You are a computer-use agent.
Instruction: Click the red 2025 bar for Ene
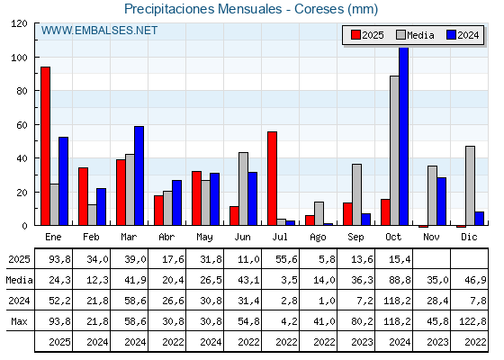click(x=45, y=146)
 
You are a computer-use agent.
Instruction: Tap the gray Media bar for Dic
click(x=470, y=185)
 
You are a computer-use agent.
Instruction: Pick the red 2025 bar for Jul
click(x=272, y=178)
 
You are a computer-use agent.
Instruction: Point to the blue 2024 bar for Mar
click(x=139, y=175)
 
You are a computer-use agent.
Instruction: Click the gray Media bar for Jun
click(x=243, y=189)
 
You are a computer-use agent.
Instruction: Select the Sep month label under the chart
click(x=355, y=237)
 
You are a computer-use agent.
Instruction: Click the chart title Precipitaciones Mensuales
click(x=251, y=9)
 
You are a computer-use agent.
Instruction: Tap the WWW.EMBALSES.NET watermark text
click(x=100, y=31)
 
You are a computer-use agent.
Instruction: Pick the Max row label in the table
click(x=18, y=321)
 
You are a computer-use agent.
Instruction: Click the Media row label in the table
click(x=18, y=280)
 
